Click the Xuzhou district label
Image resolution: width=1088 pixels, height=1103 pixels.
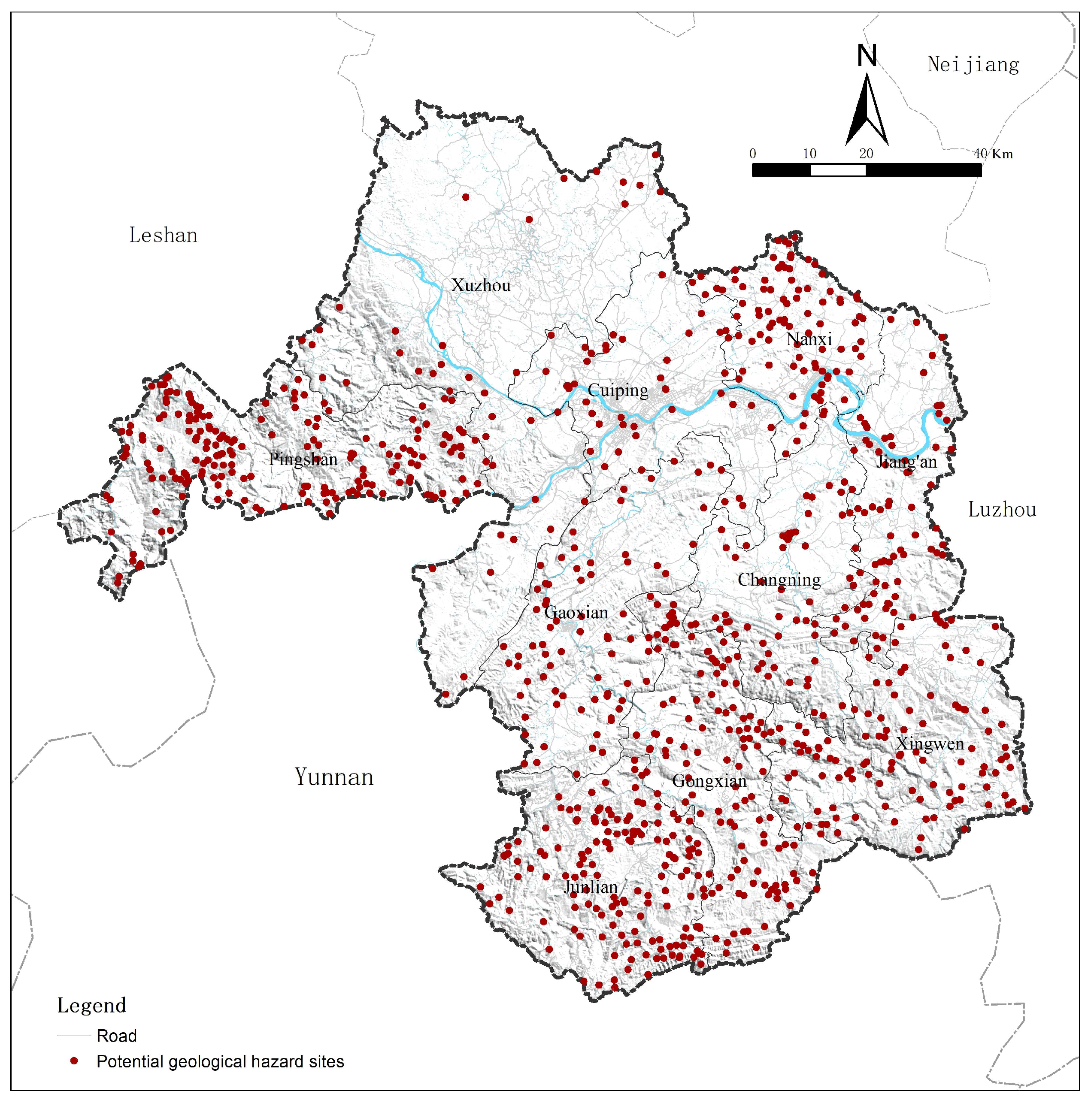(x=481, y=285)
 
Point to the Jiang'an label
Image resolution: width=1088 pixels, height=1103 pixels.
(x=906, y=461)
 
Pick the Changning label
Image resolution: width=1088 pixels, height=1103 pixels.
(x=779, y=580)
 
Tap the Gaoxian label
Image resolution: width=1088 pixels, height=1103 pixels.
(x=576, y=613)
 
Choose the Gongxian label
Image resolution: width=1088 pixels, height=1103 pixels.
(x=709, y=781)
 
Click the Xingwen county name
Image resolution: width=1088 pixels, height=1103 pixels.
(x=930, y=744)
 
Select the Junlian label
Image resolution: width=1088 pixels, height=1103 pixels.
(x=591, y=887)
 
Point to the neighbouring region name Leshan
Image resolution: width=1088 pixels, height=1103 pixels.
(x=164, y=235)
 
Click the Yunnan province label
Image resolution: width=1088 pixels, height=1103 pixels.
(x=334, y=777)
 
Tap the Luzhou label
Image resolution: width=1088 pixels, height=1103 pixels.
(x=1002, y=509)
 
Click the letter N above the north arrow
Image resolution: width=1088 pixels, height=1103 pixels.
(x=867, y=56)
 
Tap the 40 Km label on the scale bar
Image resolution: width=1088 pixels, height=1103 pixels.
(x=993, y=154)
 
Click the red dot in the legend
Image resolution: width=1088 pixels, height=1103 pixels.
(x=74, y=1061)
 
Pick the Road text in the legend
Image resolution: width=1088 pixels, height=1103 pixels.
(x=116, y=1036)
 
